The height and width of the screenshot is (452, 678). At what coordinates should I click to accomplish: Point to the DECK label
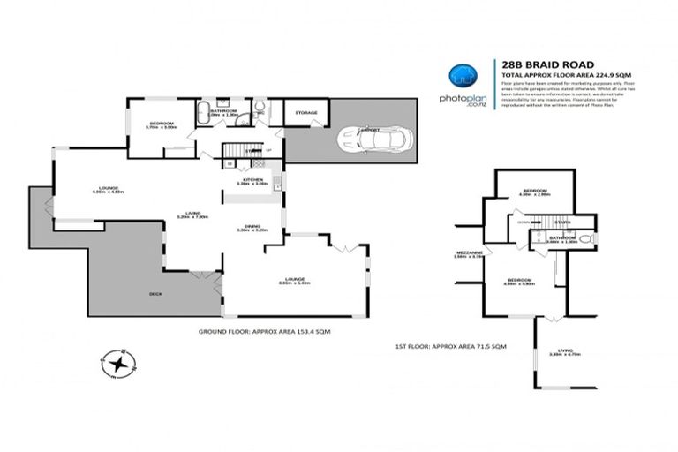click(x=155, y=292)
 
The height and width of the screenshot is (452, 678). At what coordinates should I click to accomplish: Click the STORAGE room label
click(x=306, y=112)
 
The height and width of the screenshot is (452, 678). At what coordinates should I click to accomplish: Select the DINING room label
click(x=251, y=224)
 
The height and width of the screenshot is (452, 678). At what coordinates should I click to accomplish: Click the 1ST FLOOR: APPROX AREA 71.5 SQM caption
click(x=451, y=350)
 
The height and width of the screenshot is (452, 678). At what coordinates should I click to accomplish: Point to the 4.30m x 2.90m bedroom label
click(x=536, y=195)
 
